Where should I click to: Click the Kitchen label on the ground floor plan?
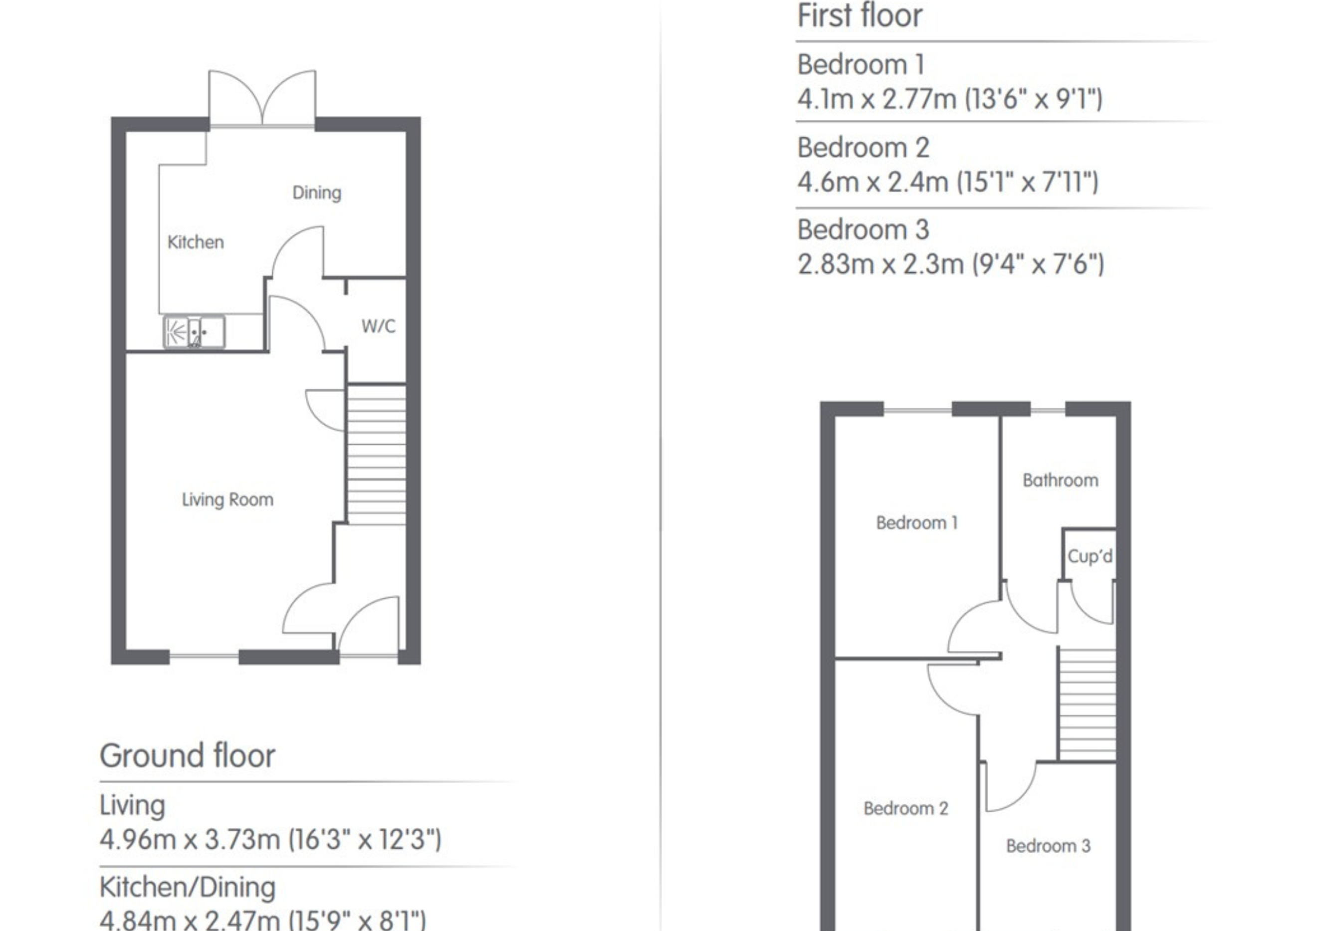(x=196, y=242)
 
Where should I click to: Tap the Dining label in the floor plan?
(x=317, y=193)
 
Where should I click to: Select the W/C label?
(x=379, y=326)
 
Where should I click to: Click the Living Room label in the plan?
(x=227, y=499)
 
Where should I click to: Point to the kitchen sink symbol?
(x=194, y=332)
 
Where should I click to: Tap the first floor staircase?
(x=1087, y=704)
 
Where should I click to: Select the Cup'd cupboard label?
(x=1090, y=556)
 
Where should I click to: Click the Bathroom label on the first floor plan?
(x=1061, y=480)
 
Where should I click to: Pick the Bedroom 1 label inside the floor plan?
(x=916, y=522)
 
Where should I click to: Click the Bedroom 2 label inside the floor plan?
(x=906, y=808)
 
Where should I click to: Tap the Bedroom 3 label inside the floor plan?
(x=1048, y=846)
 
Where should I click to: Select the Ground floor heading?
(x=188, y=755)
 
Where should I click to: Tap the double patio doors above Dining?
(x=262, y=97)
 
